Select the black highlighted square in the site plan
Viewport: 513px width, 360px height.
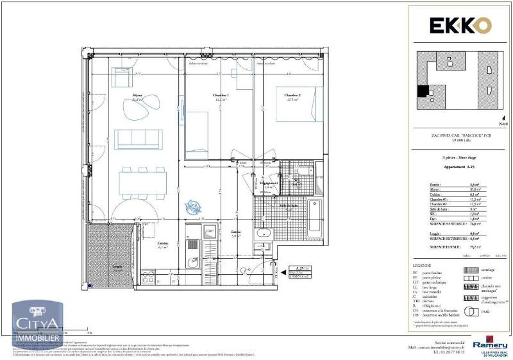pos(423,91)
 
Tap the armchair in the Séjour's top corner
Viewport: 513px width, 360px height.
pos(122,77)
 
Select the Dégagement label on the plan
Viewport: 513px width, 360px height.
pos(268,183)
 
